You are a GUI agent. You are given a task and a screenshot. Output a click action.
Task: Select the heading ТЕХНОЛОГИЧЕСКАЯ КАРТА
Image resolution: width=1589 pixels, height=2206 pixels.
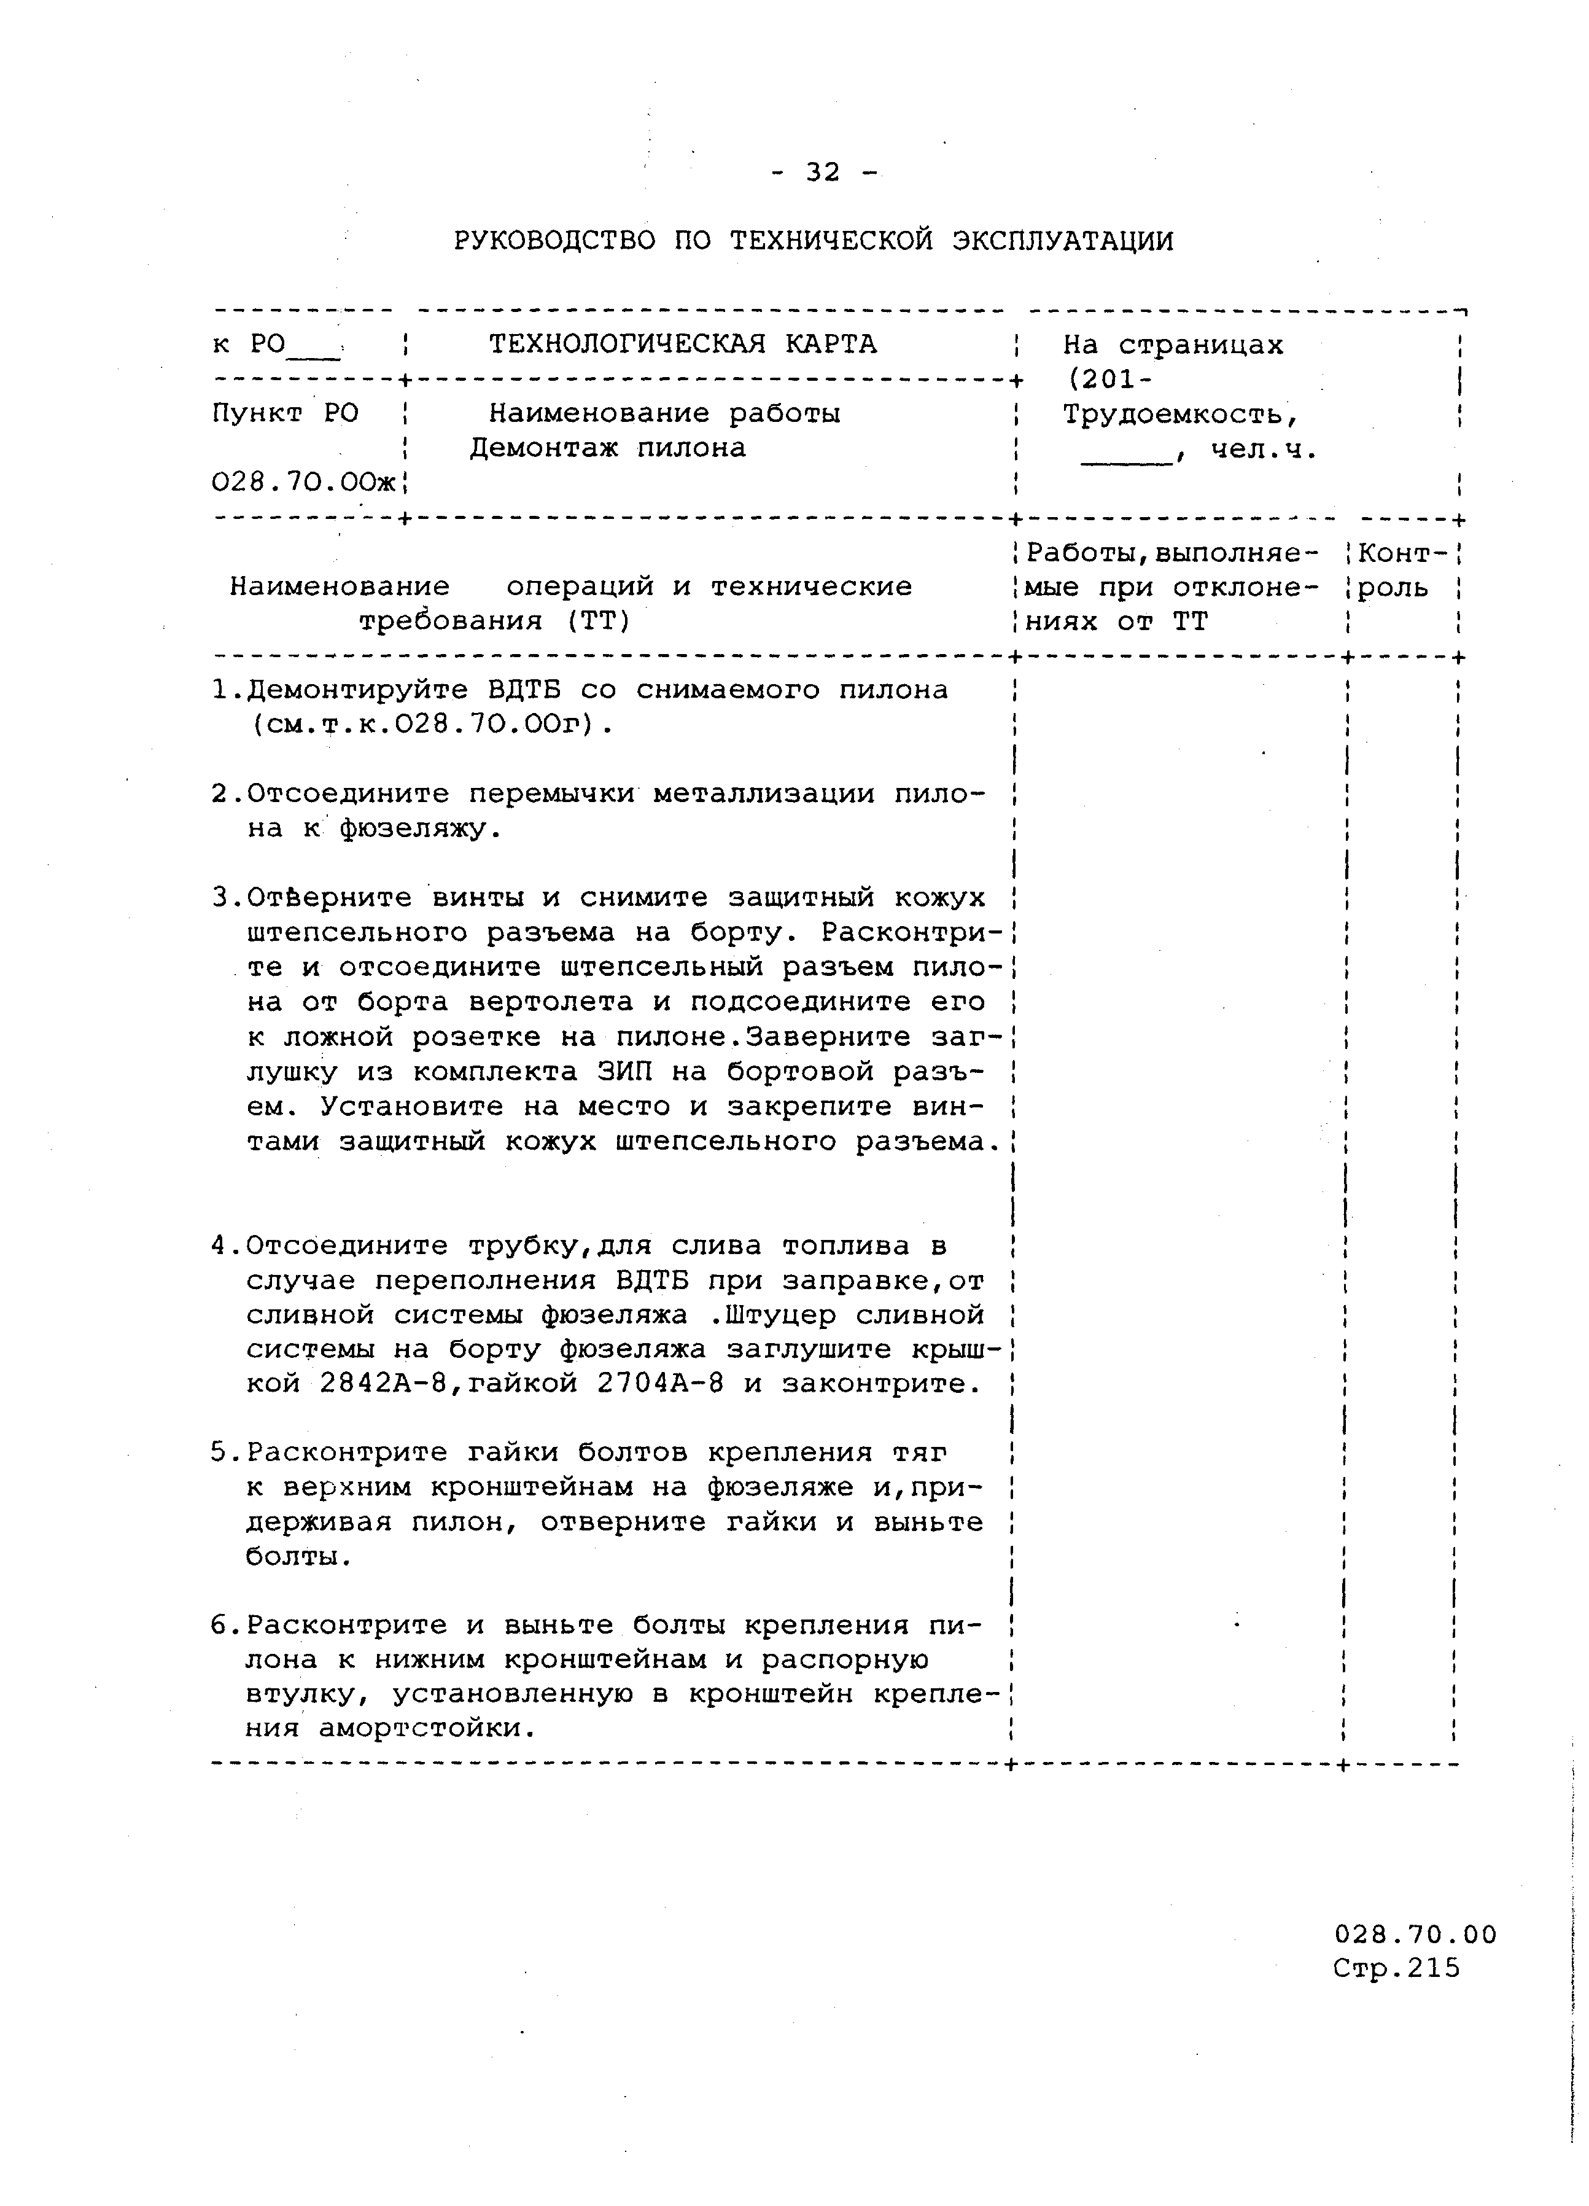click(x=683, y=345)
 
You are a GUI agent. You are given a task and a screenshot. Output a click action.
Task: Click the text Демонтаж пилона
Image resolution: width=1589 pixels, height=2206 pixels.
click(x=608, y=448)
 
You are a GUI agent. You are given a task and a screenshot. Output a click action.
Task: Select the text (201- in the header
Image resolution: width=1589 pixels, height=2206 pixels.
click(x=1109, y=380)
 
